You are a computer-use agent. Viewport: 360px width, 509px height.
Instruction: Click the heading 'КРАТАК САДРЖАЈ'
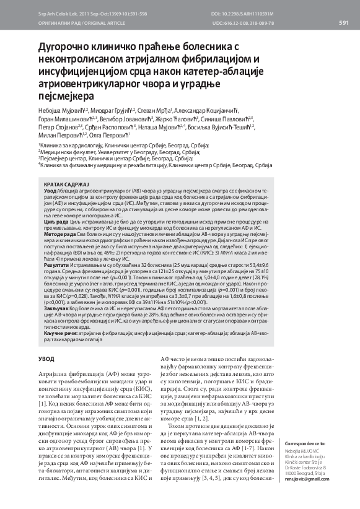point(68,185)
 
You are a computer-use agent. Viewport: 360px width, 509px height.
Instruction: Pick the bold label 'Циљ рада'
point(56,222)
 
